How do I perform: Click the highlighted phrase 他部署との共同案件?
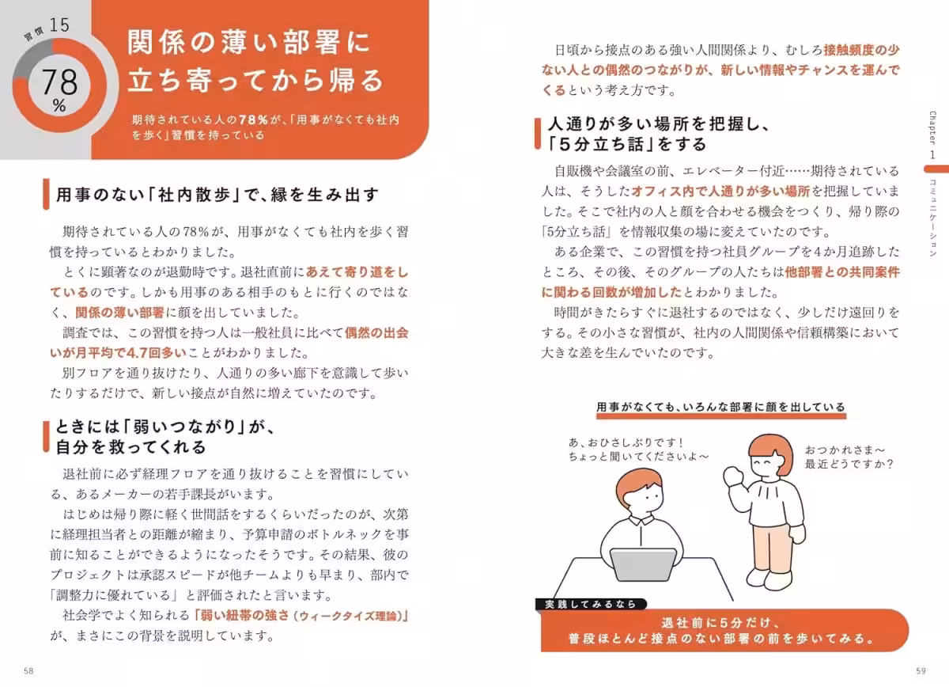(841, 271)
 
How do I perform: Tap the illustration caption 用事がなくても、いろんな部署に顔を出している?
(720, 408)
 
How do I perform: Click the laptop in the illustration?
(643, 566)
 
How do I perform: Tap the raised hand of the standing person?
(735, 476)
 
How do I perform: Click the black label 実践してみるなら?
(590, 604)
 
